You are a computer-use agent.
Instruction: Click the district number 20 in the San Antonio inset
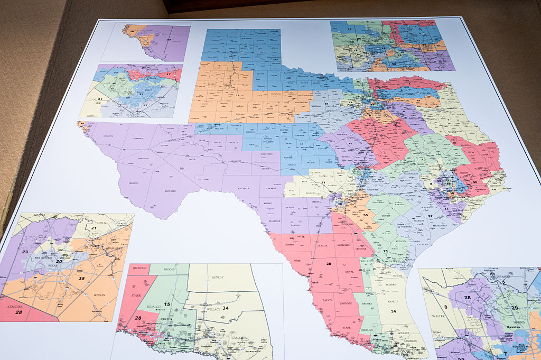59,262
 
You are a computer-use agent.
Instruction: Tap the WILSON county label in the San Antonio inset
99,294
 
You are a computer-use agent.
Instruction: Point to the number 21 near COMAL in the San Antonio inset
94,228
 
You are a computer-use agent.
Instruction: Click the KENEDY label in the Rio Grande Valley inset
218,277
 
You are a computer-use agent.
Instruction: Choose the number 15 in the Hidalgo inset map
167,304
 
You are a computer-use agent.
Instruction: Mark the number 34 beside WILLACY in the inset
226,308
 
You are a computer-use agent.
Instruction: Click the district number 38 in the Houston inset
468,297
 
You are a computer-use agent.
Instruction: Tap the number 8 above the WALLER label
446,307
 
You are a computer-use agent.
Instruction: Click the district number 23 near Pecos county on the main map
182,169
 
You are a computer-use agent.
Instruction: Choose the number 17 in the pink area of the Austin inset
169,75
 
